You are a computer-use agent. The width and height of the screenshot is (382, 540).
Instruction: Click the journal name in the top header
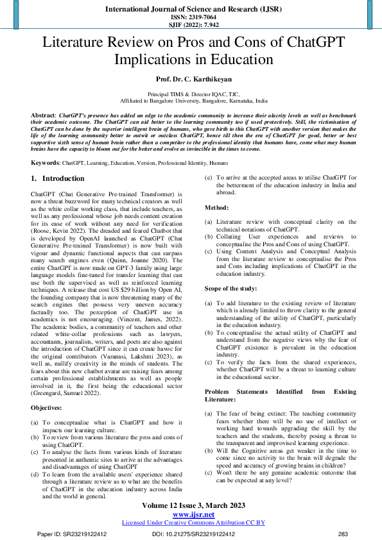[191, 9]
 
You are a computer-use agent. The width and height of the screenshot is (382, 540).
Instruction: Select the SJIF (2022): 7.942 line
[191, 26]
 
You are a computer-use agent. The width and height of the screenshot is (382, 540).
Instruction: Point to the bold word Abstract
[42, 114]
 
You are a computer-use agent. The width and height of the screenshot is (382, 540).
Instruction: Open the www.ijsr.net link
[193, 514]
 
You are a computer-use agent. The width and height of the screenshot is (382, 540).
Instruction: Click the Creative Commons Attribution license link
[193, 523]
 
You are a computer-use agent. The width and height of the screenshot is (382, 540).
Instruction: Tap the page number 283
[342, 534]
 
